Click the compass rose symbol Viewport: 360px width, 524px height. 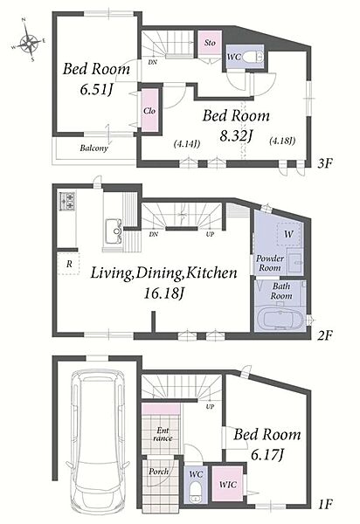29,43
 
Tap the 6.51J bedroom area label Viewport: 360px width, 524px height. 95,89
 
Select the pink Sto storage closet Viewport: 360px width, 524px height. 210,43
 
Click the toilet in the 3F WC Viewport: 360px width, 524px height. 253,57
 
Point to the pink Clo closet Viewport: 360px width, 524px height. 149,110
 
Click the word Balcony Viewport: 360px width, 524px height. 93,148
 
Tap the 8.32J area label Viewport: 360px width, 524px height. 236,135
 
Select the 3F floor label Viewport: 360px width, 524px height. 325,163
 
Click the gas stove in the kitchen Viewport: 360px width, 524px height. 67,201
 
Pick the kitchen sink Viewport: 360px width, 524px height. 114,231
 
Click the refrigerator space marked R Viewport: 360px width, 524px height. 69,264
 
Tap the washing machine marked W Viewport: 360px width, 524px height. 288,234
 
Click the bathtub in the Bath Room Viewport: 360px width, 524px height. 283,319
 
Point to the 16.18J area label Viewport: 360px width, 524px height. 163,293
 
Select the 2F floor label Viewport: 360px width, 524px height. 325,335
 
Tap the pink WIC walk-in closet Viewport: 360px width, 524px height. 229,484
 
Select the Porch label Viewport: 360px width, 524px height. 158,472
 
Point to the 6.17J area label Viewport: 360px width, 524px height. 267,454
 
